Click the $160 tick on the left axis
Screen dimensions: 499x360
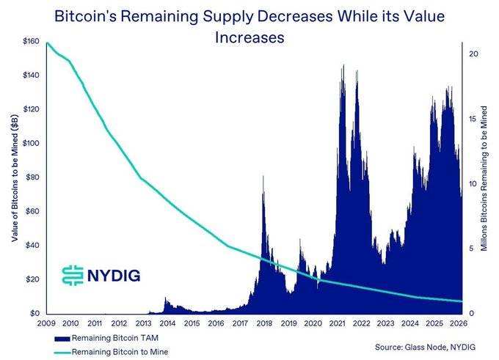pyautogui.click(x=31, y=41)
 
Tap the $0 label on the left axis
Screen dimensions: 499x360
pyautogui.click(x=34, y=313)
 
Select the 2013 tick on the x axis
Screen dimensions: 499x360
pyautogui.click(x=144, y=323)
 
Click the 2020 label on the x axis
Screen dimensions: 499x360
pyautogui.click(x=313, y=323)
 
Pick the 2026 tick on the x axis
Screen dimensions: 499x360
pyautogui.click(x=459, y=323)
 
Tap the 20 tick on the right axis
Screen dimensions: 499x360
pyautogui.click(x=473, y=54)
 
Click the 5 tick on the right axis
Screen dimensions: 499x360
pyautogui.click(x=471, y=249)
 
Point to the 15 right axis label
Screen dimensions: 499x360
pyautogui.click(x=473, y=119)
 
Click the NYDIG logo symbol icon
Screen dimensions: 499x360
pyautogui.click(x=73, y=275)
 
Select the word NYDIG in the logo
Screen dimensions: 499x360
pyautogui.click(x=114, y=276)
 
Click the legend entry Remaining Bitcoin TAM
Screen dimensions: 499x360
pyautogui.click(x=106, y=338)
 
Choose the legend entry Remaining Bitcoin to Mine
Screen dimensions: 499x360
pyautogui.click(x=112, y=352)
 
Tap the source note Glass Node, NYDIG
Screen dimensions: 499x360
pyautogui.click(x=425, y=347)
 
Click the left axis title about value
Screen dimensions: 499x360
pyautogui.click(x=15, y=177)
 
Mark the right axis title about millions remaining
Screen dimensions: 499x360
pyautogui.click(x=484, y=179)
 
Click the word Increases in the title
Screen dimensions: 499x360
pyautogui.click(x=249, y=37)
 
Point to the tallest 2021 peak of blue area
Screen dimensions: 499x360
pyautogui.click(x=343, y=65)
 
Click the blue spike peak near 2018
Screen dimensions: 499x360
pyautogui.click(x=263, y=176)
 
